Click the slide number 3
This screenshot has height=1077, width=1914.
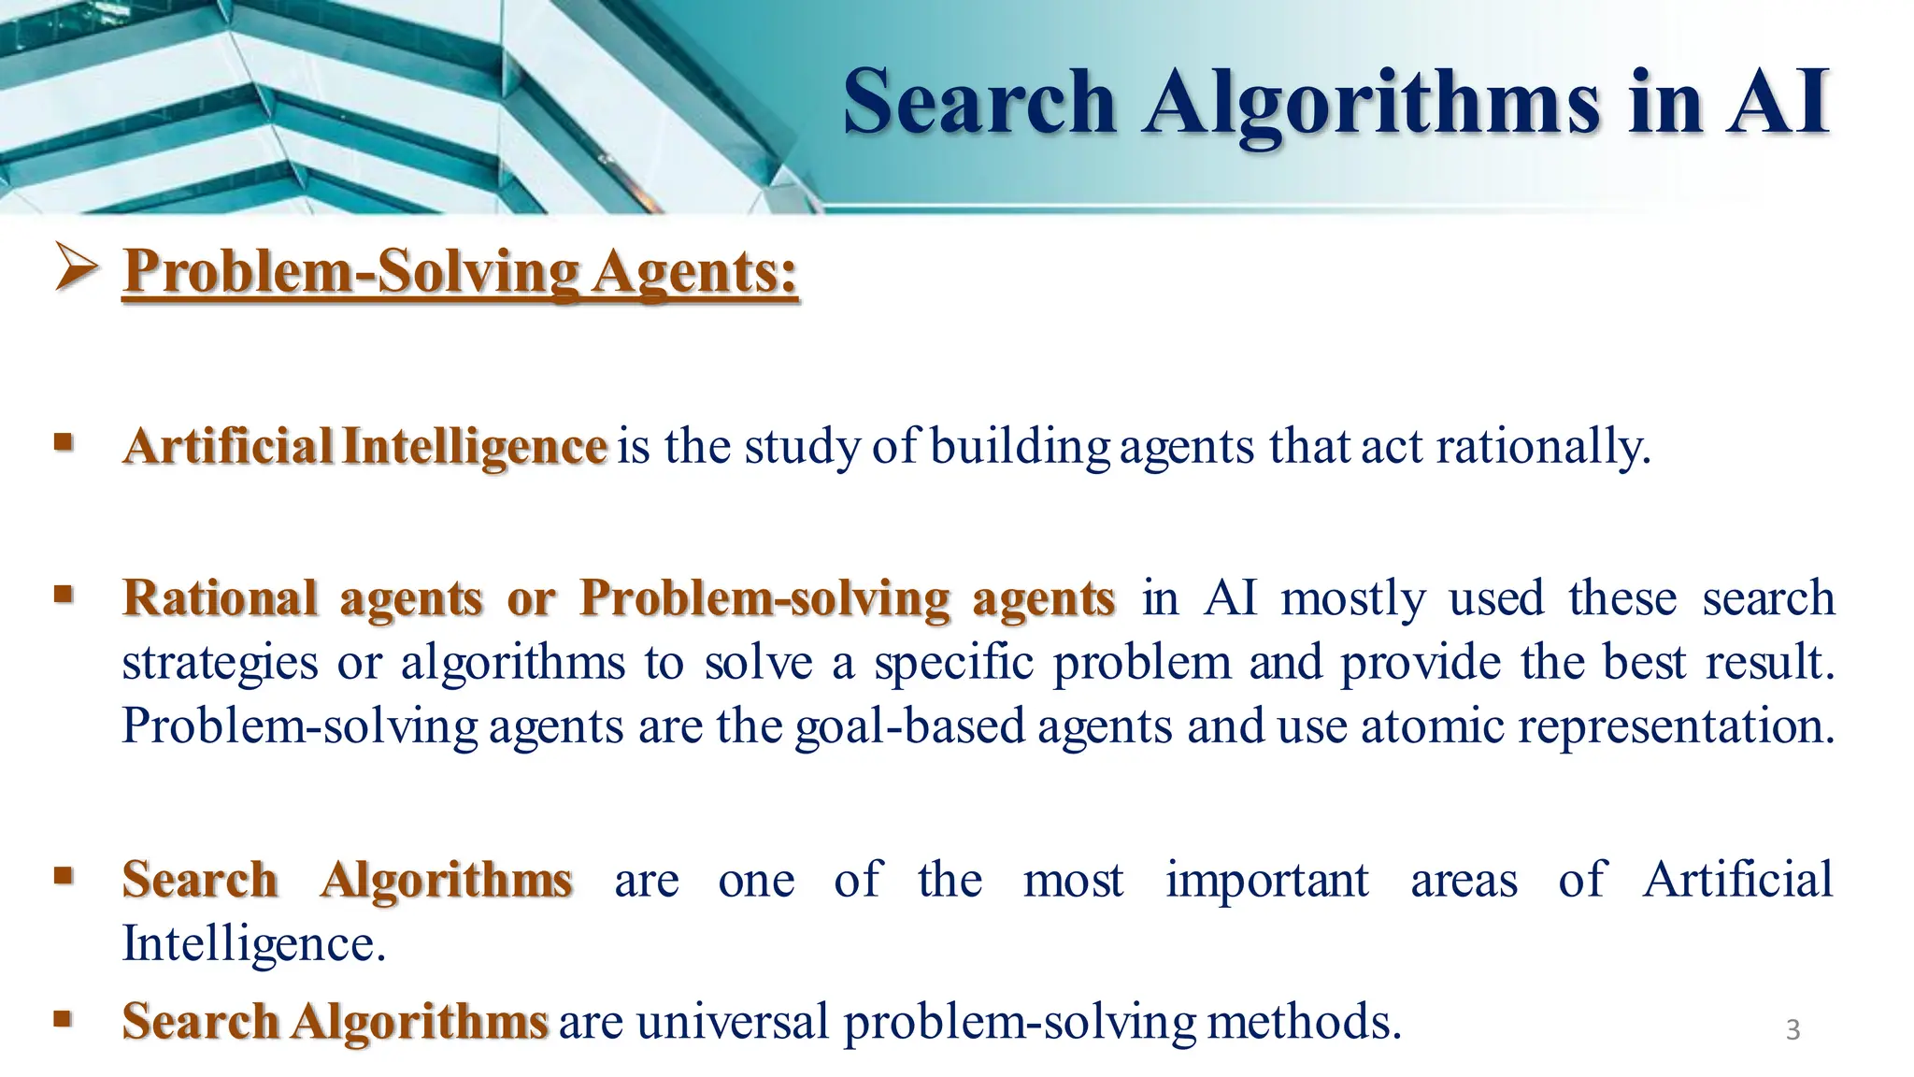click(x=1793, y=1030)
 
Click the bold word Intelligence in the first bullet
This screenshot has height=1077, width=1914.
click(x=474, y=447)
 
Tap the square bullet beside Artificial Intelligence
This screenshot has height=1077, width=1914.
click(x=63, y=440)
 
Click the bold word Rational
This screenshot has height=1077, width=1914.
click(x=220, y=598)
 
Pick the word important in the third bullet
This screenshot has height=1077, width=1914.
click(x=1266, y=881)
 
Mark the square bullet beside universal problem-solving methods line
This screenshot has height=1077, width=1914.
click(x=63, y=1017)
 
